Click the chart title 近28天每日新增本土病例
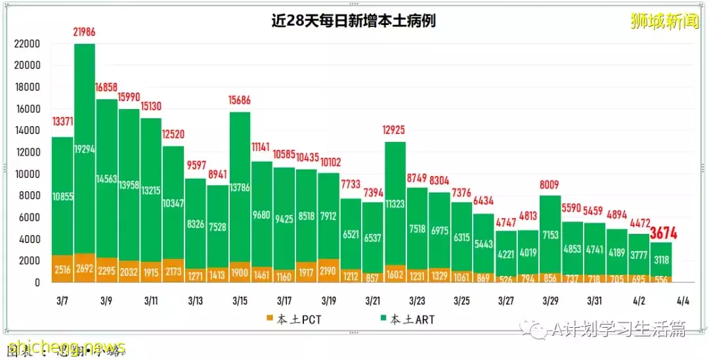coord(354,21)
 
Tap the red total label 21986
coord(84,32)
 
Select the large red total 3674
coord(664,233)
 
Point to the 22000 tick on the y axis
coord(27,44)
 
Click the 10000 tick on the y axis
coord(27,174)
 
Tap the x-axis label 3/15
coord(240,301)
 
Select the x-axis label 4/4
coord(683,301)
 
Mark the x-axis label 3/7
coord(62,301)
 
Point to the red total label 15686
coord(240,101)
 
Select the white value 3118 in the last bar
coord(661,259)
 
